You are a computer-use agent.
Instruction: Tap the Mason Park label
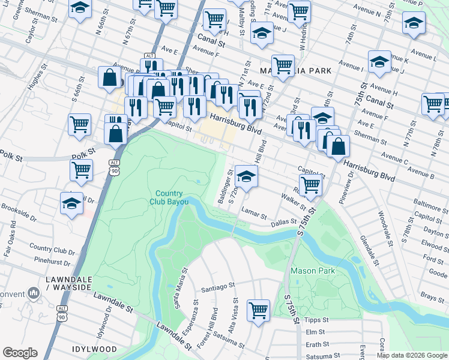tap(312, 271)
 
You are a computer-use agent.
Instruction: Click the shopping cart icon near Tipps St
tap(258, 311)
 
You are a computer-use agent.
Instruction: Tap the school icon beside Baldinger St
tap(246, 176)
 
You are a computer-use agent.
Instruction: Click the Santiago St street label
tap(218, 287)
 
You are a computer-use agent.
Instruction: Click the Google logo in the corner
tap(20, 353)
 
